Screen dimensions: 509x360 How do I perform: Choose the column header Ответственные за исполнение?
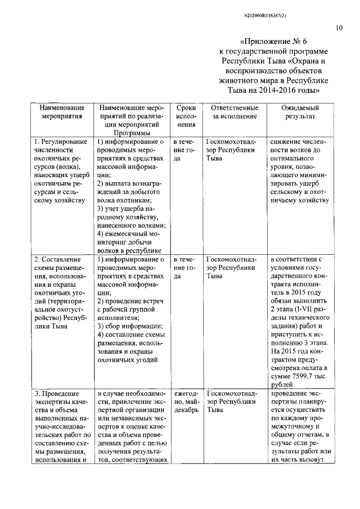(x=235, y=112)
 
